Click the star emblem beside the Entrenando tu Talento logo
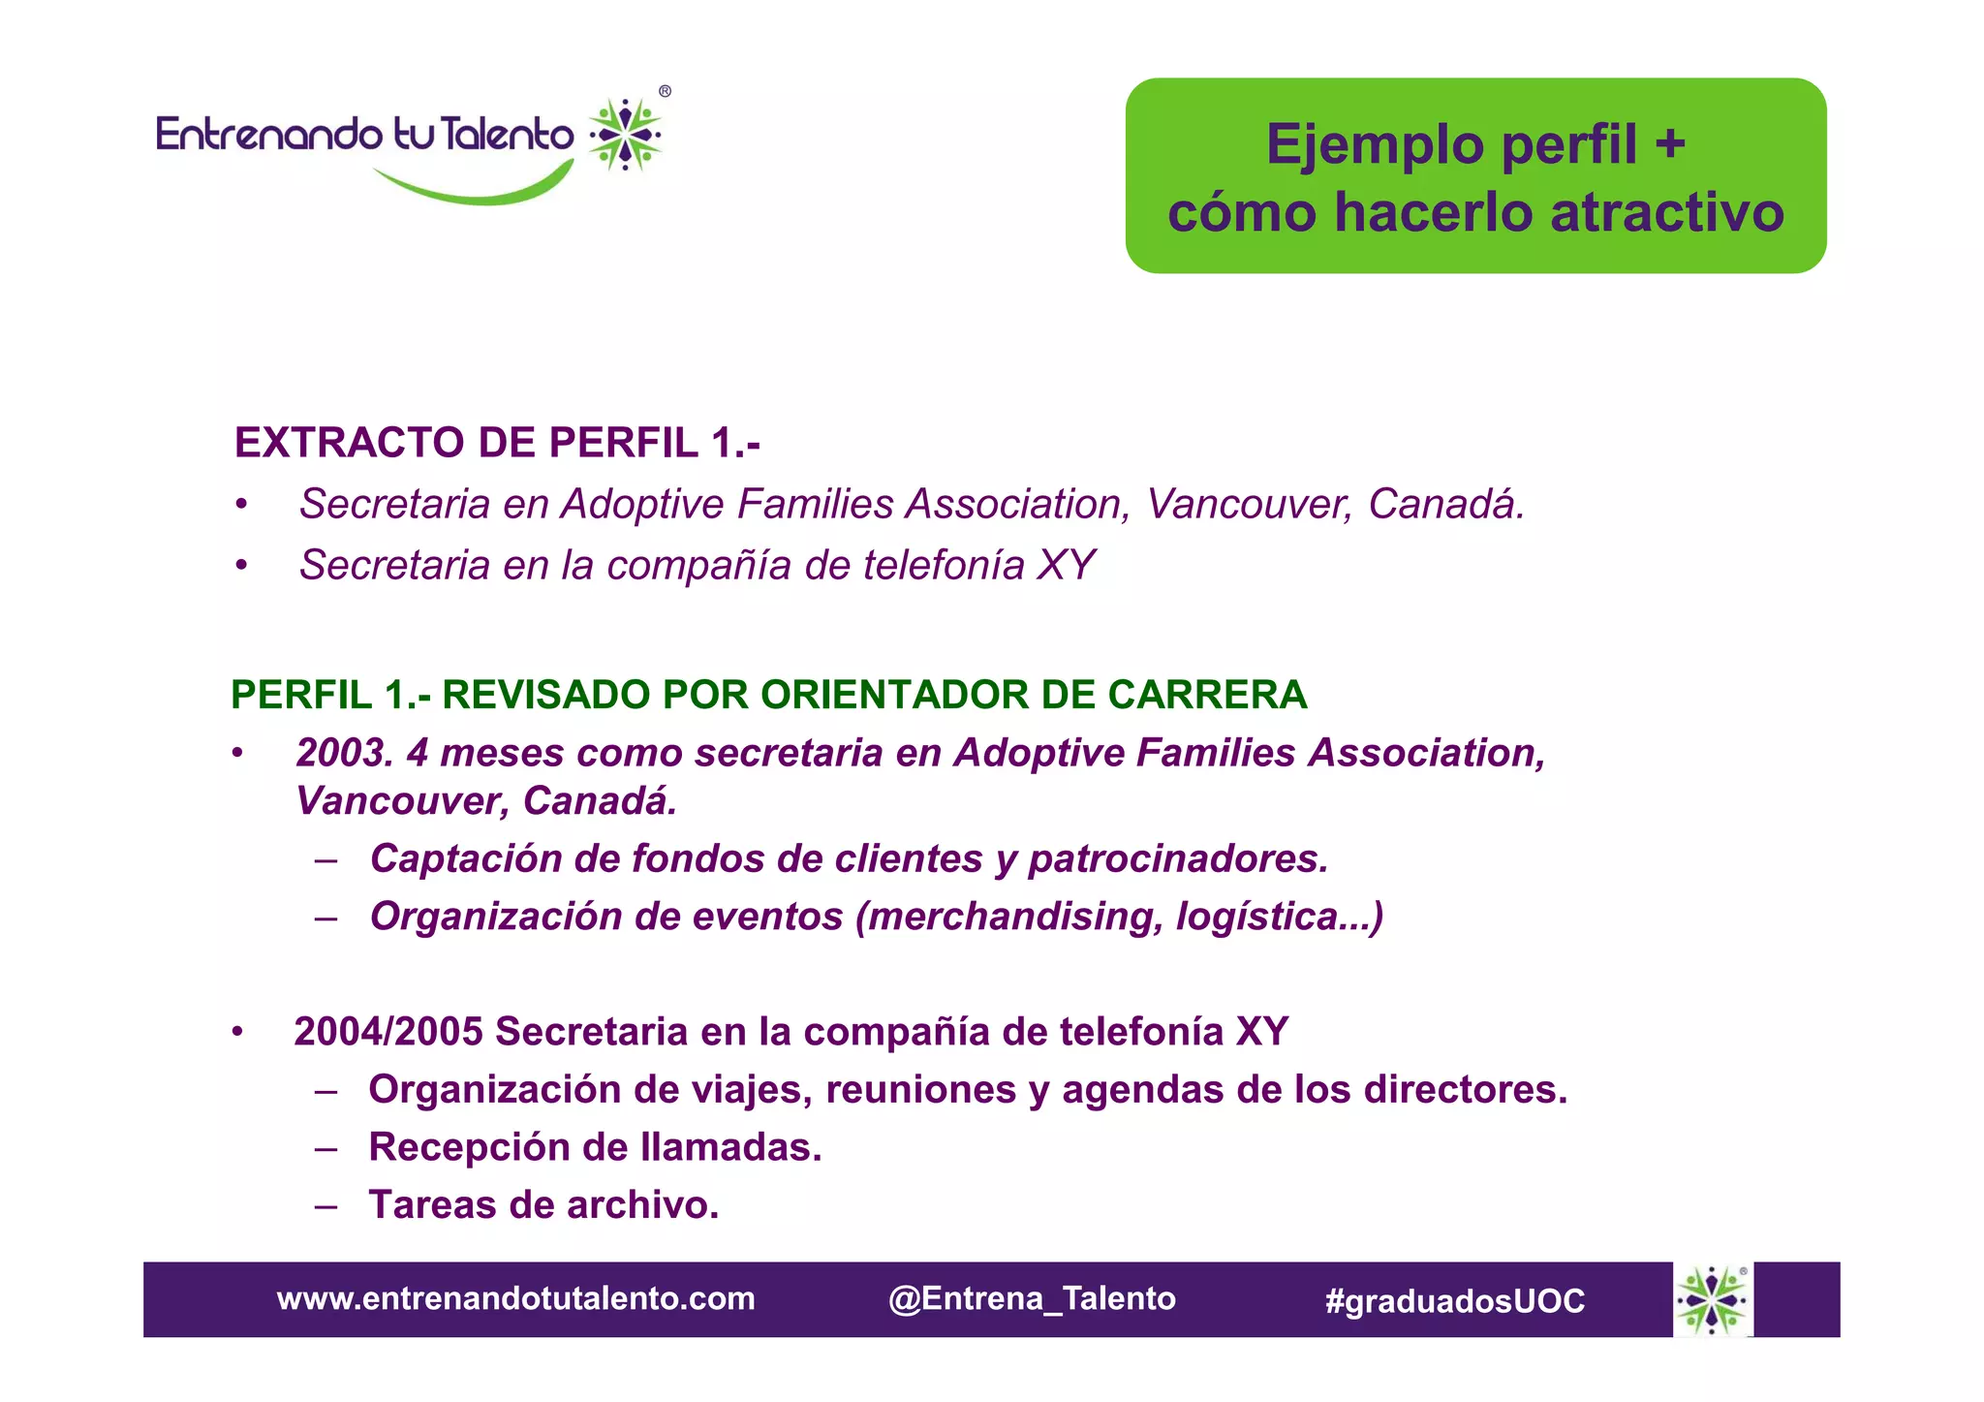626,135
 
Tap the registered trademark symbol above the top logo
665,92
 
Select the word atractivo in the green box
1666,213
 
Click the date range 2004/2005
387,1033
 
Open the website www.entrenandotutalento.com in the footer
515,1299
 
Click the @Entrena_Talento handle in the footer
1032,1299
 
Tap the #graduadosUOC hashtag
1454,1301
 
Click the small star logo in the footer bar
1713,1300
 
